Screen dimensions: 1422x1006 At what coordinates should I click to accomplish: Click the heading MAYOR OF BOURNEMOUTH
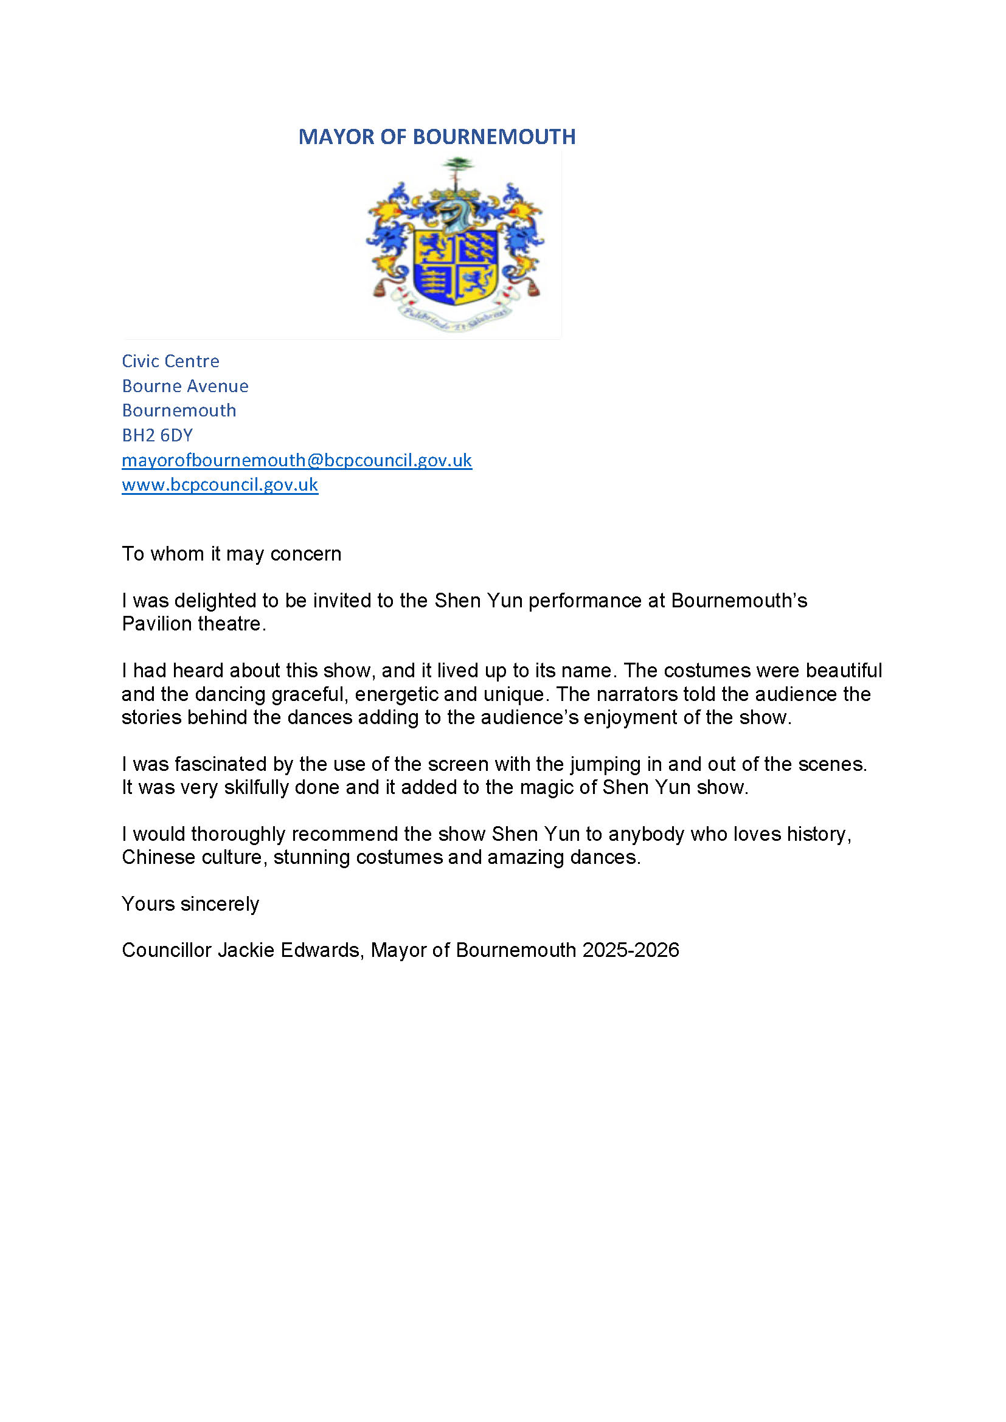pos(437,137)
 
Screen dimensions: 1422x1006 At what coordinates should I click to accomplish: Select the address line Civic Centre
pos(170,361)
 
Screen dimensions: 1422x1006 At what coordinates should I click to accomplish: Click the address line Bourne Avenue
pos(185,386)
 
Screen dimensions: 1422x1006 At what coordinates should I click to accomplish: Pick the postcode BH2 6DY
pos(158,435)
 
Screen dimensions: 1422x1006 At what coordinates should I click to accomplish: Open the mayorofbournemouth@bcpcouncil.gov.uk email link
pos(297,460)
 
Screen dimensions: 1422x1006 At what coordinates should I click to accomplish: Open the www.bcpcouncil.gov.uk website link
pos(220,485)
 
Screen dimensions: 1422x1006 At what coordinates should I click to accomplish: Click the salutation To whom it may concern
pos(231,554)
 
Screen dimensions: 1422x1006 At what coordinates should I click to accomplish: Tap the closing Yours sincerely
pos(190,904)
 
